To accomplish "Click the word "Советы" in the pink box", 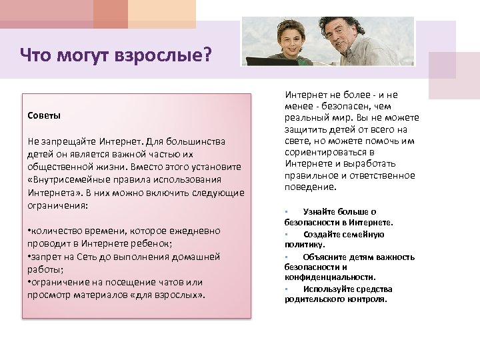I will point(44,116).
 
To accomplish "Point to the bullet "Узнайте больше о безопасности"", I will point(338,217).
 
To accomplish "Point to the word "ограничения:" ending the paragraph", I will point(55,205).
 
